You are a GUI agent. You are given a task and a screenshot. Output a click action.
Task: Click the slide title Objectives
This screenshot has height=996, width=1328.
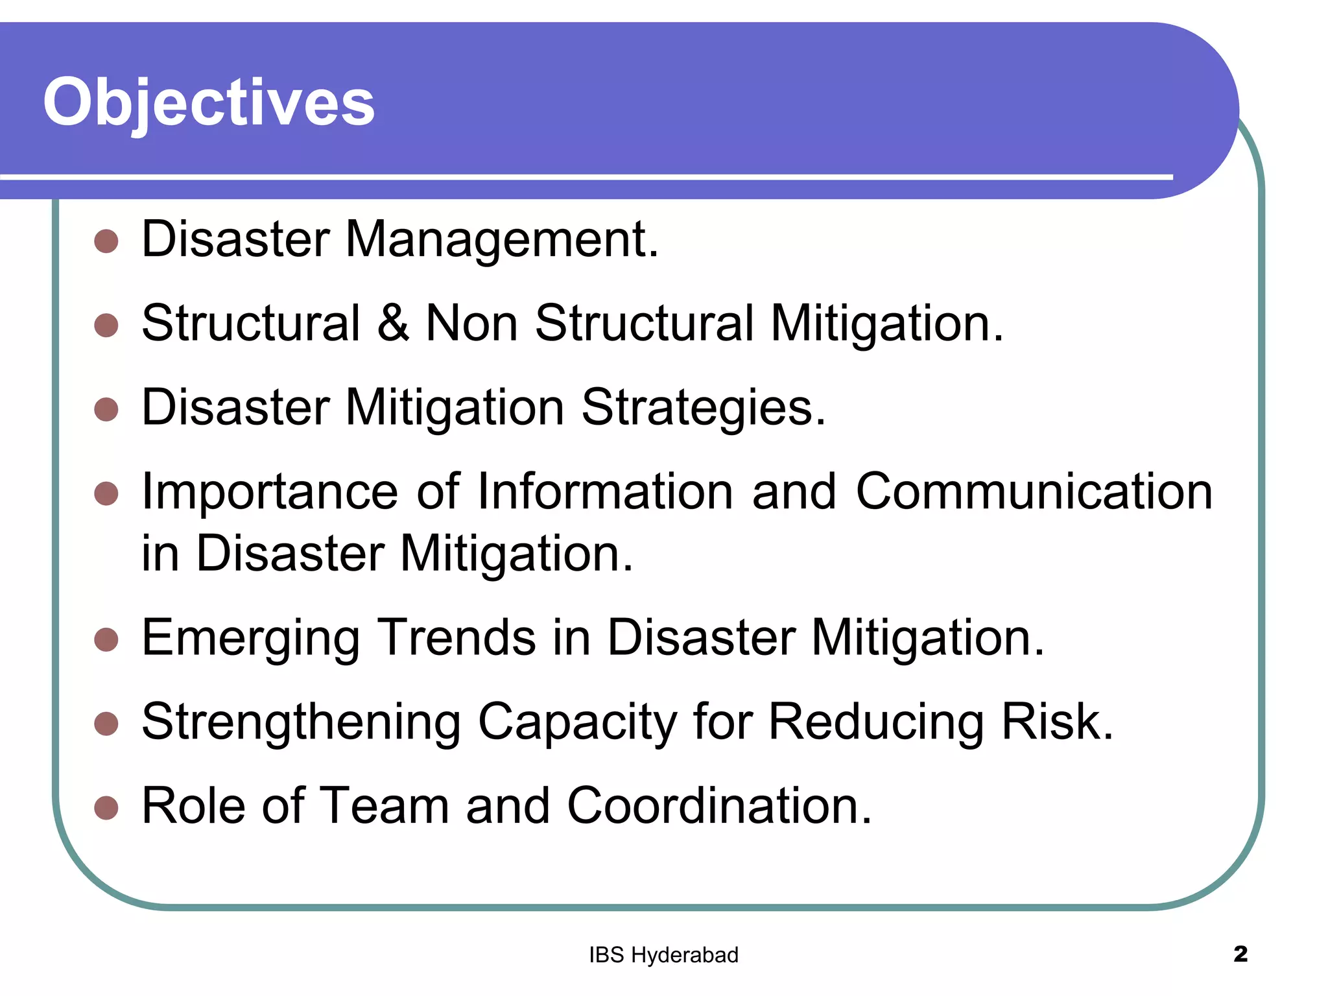click(209, 102)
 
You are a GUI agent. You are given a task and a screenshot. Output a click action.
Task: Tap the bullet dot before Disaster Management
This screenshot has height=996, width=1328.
click(106, 241)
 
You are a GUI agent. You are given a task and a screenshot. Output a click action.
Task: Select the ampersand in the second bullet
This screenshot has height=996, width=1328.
click(393, 323)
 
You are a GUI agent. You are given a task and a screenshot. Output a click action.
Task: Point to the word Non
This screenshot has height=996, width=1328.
click(471, 323)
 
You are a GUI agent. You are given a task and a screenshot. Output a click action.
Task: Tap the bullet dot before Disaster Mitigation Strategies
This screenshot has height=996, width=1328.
click(106, 409)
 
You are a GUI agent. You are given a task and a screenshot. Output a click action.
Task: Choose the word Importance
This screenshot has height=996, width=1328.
click(270, 492)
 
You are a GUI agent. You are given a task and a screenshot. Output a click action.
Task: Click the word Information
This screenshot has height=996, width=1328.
click(605, 492)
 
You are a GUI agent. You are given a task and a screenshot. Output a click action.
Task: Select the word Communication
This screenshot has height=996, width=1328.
click(1034, 492)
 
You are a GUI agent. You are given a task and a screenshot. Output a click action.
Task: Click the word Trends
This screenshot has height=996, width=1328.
click(456, 637)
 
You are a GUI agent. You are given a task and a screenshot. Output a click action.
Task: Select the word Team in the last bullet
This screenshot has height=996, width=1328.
click(385, 806)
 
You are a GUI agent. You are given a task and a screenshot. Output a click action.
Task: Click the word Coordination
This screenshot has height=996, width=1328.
click(719, 806)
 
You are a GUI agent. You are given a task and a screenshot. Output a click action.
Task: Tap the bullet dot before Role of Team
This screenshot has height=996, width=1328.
click(106, 808)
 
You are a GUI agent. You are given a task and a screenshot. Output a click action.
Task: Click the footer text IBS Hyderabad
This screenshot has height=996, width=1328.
click(663, 955)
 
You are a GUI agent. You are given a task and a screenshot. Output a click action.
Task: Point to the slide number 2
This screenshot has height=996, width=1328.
click(1240, 954)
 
